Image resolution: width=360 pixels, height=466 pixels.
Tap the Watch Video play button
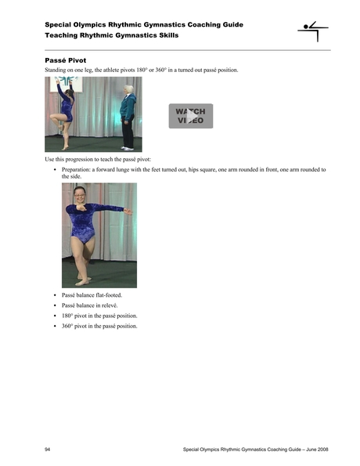(x=190, y=116)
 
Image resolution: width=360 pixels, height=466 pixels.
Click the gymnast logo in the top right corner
(x=313, y=32)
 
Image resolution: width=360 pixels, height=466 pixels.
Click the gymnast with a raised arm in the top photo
(x=65, y=110)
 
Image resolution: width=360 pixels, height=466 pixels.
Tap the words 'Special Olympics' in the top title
(x=71, y=25)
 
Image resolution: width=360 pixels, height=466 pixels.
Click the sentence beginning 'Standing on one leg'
(x=141, y=70)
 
